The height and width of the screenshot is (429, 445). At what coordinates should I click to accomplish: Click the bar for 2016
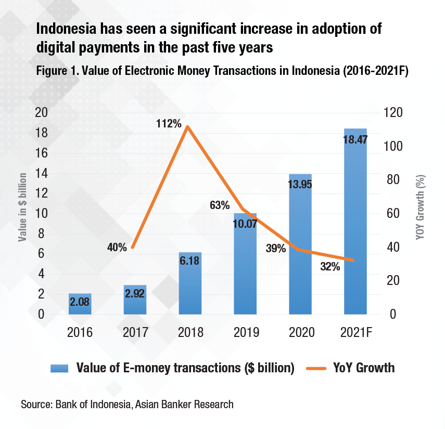click(x=80, y=304)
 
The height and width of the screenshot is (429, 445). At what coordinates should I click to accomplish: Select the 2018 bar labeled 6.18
click(x=190, y=283)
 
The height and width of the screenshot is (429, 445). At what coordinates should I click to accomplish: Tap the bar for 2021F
click(x=355, y=221)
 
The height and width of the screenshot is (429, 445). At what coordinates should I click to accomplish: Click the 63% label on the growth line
click(x=219, y=205)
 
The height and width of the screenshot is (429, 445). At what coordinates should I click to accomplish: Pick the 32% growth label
click(x=329, y=267)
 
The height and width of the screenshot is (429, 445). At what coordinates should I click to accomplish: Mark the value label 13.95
click(x=300, y=184)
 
